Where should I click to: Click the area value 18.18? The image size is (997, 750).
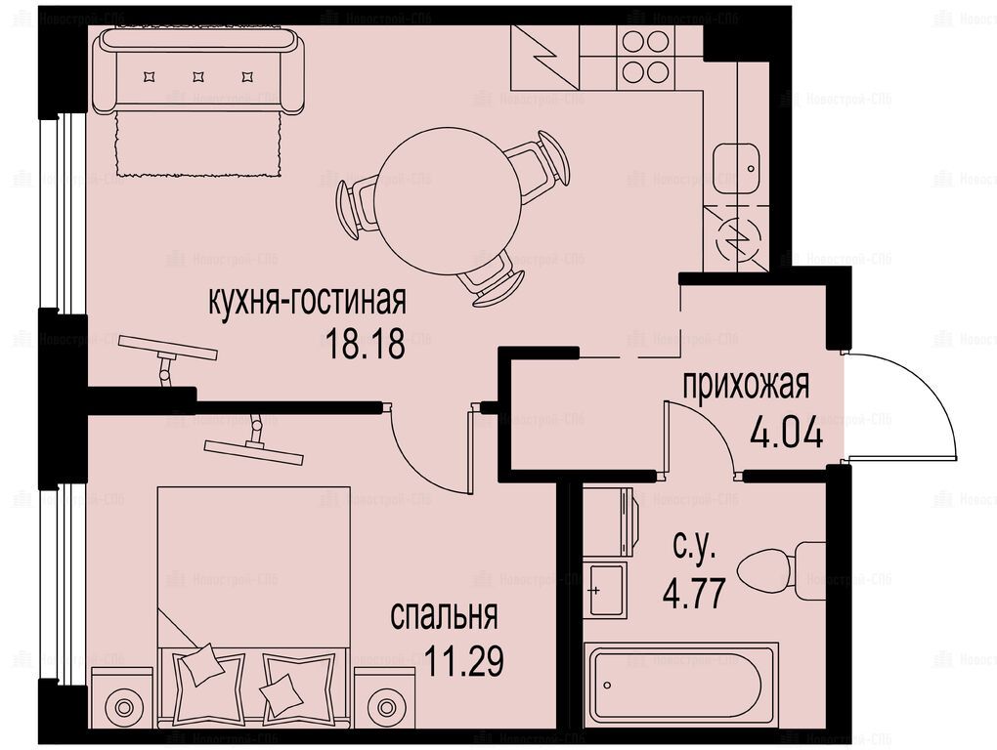point(365,345)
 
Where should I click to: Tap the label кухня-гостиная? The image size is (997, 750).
point(307,301)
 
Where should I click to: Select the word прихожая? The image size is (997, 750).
point(746,386)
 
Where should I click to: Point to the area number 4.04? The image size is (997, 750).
point(787,435)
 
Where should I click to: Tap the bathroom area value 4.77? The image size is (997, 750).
point(694,595)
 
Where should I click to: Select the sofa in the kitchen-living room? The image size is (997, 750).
point(197,71)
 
